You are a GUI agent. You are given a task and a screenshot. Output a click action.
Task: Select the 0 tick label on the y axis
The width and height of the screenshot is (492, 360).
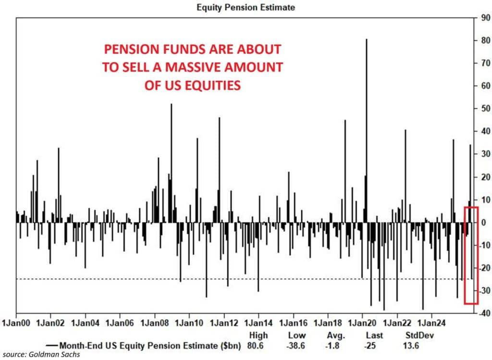[x=483, y=223]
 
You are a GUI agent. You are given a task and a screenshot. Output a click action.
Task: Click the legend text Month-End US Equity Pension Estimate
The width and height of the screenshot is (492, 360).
[x=145, y=345]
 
